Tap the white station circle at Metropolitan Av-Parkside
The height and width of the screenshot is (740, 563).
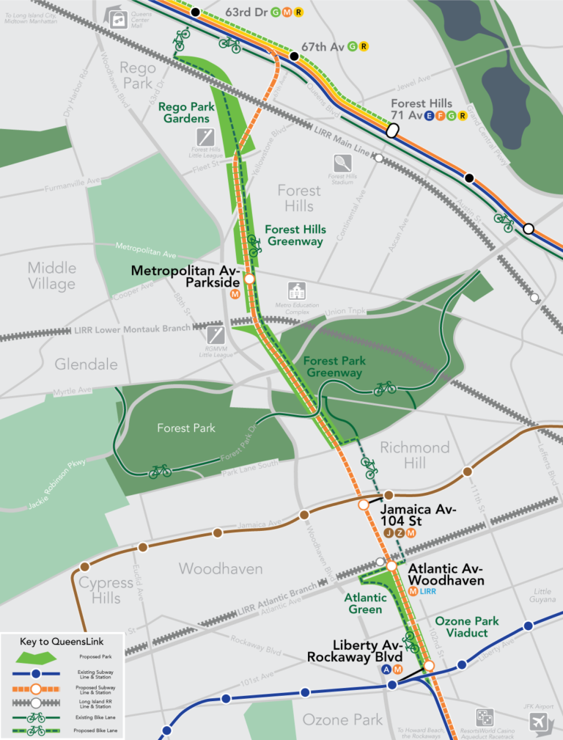pos(249,279)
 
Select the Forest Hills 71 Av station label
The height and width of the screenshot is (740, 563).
pos(422,109)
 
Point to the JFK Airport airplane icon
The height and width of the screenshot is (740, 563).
pos(539,723)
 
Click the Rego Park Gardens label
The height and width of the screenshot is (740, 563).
pos(184,112)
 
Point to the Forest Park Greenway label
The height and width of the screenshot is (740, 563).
pos(334,367)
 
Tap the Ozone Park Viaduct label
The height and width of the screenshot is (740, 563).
pos(466,627)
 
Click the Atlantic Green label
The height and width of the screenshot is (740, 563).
pos(365,604)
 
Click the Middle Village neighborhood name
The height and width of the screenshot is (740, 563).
pos(51,276)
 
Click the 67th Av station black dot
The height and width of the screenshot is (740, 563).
pos(294,56)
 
